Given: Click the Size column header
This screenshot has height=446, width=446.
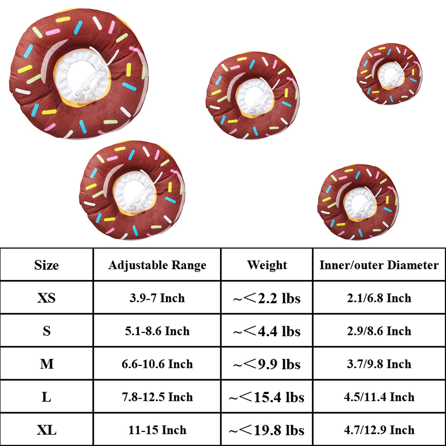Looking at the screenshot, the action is pyautogui.click(x=47, y=265).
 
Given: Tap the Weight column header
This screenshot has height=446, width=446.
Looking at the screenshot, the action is pyautogui.click(x=267, y=265).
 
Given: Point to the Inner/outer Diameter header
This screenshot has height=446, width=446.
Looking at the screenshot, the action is pyautogui.click(x=379, y=265).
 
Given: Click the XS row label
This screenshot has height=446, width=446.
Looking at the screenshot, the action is pyautogui.click(x=47, y=298).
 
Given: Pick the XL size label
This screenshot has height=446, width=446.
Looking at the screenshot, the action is pyautogui.click(x=47, y=430).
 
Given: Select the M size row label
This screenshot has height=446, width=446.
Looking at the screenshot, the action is pyautogui.click(x=47, y=364).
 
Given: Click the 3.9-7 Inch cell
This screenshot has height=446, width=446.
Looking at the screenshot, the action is pyautogui.click(x=157, y=298).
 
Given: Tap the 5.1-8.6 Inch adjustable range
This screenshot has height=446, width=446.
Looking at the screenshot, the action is pyautogui.click(x=157, y=331).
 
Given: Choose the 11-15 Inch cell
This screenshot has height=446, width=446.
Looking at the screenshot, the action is pyautogui.click(x=157, y=430).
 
